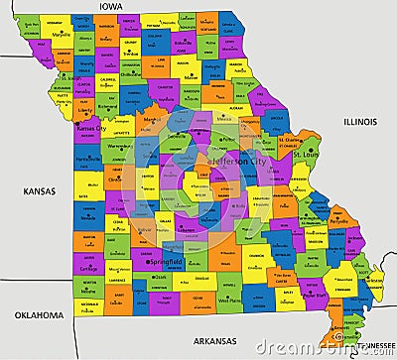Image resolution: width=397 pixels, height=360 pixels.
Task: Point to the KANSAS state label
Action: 39,190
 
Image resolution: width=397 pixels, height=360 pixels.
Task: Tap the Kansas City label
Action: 92,129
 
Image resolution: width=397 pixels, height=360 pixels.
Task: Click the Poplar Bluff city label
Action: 315,295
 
